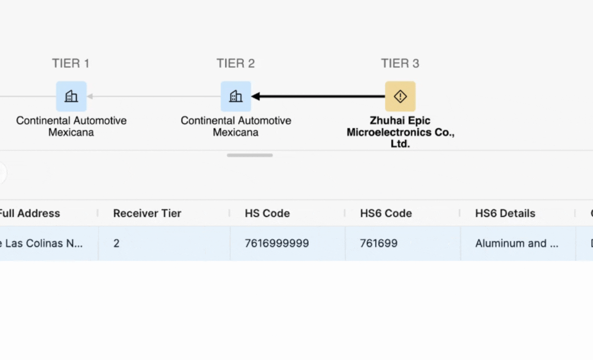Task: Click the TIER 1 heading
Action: coord(70,63)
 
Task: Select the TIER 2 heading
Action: coord(235,63)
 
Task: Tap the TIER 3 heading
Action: coord(400,63)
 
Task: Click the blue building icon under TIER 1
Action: coord(71,96)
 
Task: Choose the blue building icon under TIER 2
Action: coord(236,96)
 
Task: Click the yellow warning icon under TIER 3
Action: coord(400,96)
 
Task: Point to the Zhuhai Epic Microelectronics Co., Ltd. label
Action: coord(400,132)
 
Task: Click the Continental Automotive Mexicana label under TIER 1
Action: coord(71,126)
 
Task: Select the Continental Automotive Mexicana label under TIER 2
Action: coord(236,126)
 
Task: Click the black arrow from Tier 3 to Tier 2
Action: coord(320,96)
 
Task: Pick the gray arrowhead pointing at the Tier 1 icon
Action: coord(90,96)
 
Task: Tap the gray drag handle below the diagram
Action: coord(250,155)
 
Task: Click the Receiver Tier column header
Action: coord(147,213)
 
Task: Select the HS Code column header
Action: coord(267,213)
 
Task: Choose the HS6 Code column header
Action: coord(386,213)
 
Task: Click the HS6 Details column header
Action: coord(505,213)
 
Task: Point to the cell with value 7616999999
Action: coord(277,243)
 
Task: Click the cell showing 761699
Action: coord(379,243)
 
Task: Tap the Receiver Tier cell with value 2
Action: coord(116,243)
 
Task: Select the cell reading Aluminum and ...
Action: coord(517,243)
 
